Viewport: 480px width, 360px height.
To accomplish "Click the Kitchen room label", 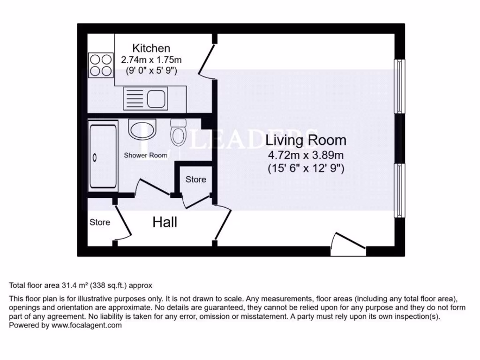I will point(151,48).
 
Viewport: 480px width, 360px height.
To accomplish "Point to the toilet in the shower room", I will point(178,132).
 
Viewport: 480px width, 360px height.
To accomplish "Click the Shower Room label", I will point(145,155).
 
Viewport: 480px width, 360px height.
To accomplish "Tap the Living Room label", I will point(306,140).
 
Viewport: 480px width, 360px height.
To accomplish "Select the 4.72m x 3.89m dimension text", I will point(306,155).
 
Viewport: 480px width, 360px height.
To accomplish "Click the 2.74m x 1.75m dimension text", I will point(151,60).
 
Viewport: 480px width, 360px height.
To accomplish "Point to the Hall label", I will point(165,222).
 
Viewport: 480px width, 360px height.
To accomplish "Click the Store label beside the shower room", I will point(195,180).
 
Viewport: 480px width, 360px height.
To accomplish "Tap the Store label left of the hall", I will point(100,222).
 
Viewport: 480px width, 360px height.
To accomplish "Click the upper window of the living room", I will point(399,86).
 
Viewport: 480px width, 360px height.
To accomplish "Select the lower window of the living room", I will point(399,190).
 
